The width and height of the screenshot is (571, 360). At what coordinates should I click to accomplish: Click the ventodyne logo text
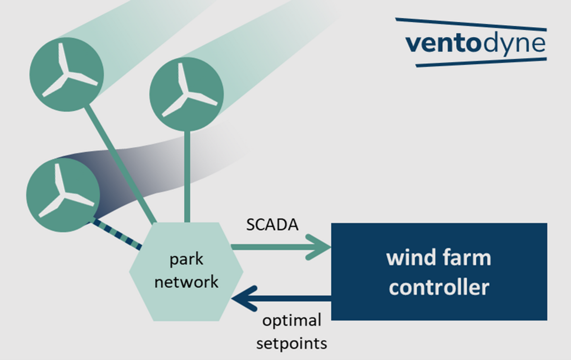pyautogui.click(x=475, y=43)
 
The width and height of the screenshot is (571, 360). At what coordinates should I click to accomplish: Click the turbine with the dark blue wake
pyautogui.click(x=62, y=195)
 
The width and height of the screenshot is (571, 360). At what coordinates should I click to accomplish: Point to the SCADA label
pyautogui.click(x=272, y=225)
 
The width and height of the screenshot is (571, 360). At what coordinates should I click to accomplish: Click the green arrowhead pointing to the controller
pyautogui.click(x=319, y=247)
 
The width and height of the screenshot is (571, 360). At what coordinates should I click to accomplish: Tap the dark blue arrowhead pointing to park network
pyautogui.click(x=243, y=299)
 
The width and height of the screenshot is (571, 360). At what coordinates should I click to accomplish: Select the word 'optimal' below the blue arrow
pyautogui.click(x=292, y=320)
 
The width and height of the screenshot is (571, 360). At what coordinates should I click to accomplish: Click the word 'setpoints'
pyautogui.click(x=291, y=343)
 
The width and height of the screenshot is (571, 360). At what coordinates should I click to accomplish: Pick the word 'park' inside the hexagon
pyautogui.click(x=186, y=260)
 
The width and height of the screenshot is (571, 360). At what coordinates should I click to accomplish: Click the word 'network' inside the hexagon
pyautogui.click(x=186, y=282)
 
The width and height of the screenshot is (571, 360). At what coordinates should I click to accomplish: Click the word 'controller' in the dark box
pyautogui.click(x=439, y=288)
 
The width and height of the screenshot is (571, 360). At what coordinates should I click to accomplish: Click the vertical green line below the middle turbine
pyautogui.click(x=187, y=176)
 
